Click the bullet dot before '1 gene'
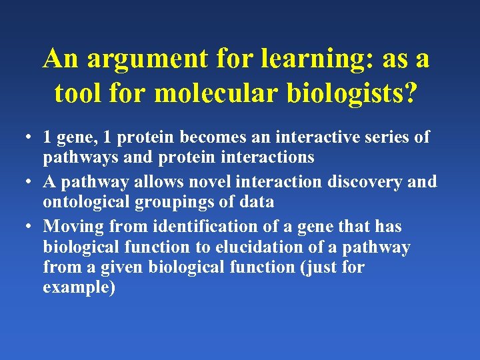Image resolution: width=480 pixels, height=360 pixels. pyautogui.click(x=23, y=138)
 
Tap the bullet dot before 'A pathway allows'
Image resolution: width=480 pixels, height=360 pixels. pyautogui.click(x=23, y=182)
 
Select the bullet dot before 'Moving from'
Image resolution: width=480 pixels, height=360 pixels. pyautogui.click(x=23, y=227)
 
